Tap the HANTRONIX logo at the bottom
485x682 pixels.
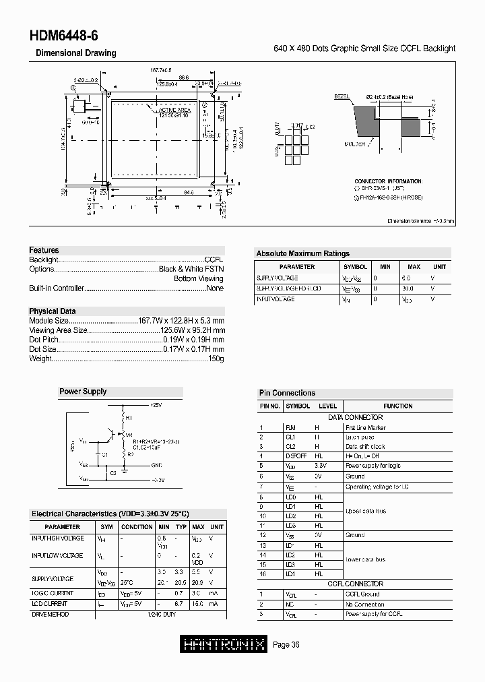click(224, 645)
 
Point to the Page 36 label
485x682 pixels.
click(286, 645)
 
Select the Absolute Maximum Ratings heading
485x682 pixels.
click(302, 254)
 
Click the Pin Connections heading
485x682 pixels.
click(287, 393)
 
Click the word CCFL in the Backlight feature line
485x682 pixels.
click(214, 259)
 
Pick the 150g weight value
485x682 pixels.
click(216, 359)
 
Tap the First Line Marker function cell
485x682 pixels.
click(365, 427)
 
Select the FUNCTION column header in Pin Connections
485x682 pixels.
click(397, 406)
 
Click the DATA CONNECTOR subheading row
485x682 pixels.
click(355, 418)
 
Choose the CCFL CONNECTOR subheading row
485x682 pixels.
click(355, 584)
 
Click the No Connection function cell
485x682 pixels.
click(364, 604)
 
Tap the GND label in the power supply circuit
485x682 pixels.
click(156, 464)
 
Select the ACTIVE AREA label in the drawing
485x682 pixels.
click(174, 109)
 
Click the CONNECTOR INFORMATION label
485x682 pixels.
click(389, 181)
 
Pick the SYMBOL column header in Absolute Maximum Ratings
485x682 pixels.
click(355, 267)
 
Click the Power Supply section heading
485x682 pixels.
click(83, 392)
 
